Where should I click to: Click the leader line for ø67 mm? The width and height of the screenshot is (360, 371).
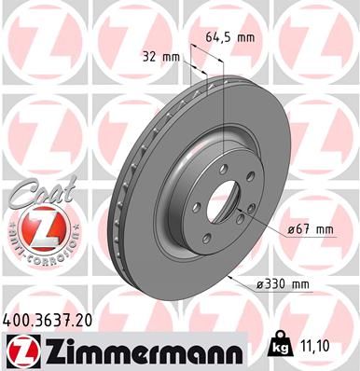(266, 222)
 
